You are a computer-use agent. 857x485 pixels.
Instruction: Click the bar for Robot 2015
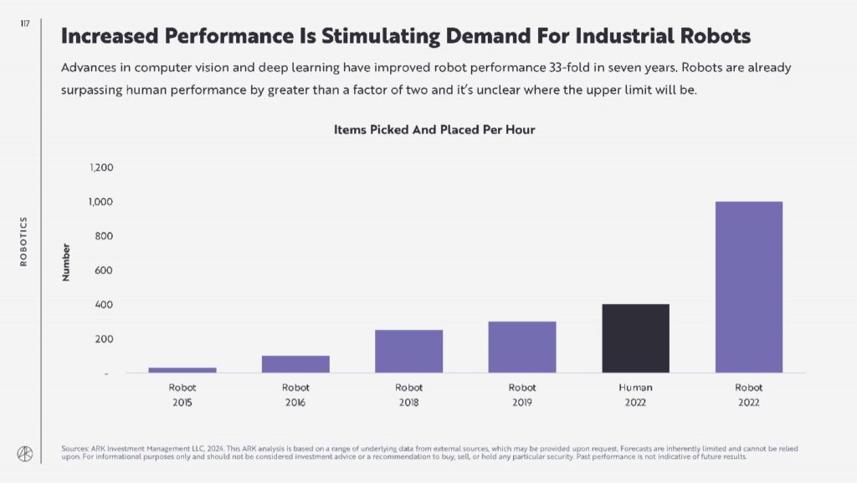click(x=182, y=369)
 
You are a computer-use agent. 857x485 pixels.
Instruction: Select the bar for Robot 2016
click(x=295, y=364)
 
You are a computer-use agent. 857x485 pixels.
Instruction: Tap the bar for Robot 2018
click(x=408, y=351)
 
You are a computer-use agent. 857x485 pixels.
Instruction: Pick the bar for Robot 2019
click(x=522, y=347)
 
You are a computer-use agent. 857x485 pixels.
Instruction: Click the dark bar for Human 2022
click(x=635, y=338)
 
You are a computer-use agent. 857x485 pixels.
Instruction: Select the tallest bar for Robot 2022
click(x=748, y=287)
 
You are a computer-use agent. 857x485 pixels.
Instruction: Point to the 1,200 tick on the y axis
click(x=100, y=168)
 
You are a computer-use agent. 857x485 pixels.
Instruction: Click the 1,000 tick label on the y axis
click(x=100, y=203)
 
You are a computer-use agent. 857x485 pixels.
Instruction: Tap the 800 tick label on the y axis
click(x=103, y=237)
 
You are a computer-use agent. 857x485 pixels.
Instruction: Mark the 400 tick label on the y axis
click(x=103, y=305)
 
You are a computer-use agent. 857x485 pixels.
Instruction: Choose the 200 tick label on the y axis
click(x=103, y=339)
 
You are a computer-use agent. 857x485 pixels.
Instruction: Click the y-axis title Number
click(x=66, y=262)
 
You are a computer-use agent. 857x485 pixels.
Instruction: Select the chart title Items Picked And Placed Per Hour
click(x=434, y=130)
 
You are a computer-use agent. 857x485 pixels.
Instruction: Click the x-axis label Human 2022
click(x=635, y=395)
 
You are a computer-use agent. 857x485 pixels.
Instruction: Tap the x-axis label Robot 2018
click(x=408, y=395)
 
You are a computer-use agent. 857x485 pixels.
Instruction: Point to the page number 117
click(x=24, y=24)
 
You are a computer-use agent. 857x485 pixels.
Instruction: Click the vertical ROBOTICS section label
click(x=24, y=241)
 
